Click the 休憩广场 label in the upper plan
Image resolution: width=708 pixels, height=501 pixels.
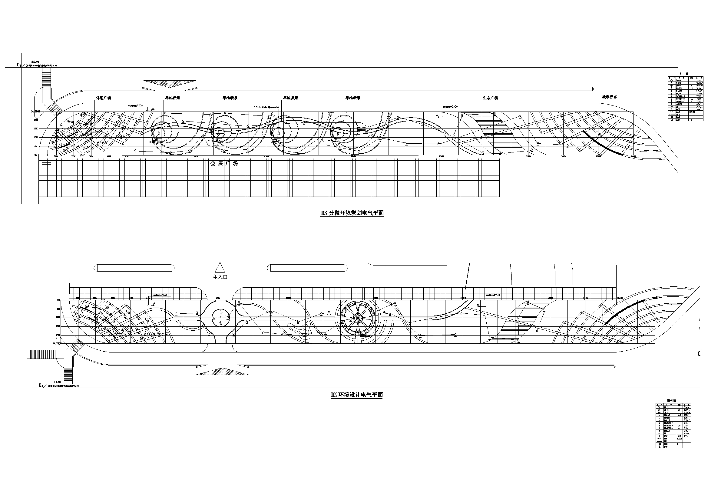tap(103, 98)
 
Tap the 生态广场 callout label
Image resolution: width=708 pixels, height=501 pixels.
tap(490, 98)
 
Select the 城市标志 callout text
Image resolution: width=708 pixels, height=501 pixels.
tap(609, 97)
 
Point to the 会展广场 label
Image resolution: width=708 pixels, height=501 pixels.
tap(224, 164)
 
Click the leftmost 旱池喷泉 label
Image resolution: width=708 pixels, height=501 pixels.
tap(172, 98)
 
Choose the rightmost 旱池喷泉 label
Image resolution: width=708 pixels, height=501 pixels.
tap(353, 98)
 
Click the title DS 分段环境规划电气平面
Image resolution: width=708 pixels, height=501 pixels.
tap(352, 213)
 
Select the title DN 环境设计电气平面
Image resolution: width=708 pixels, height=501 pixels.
tap(356, 395)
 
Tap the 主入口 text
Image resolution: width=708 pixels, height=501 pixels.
tap(220, 277)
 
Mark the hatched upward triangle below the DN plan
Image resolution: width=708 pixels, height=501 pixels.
tap(222, 371)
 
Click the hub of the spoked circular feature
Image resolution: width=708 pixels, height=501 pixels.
tap(358, 318)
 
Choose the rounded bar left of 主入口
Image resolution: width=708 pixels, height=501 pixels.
tap(134, 268)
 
